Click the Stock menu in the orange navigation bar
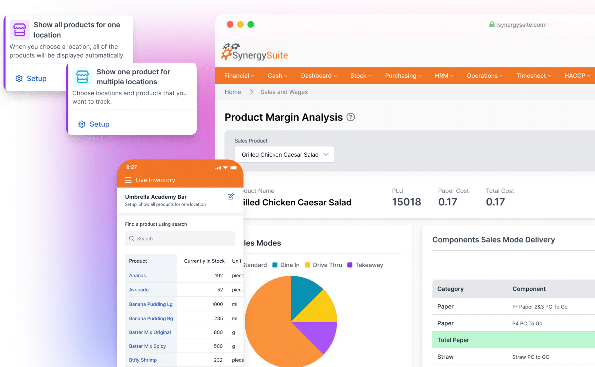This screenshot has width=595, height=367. click(361, 76)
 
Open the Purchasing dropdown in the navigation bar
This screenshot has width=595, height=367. click(403, 76)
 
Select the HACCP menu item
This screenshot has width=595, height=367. click(577, 76)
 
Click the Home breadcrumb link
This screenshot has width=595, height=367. click(232, 92)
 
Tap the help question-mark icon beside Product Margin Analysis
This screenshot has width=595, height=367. click(351, 117)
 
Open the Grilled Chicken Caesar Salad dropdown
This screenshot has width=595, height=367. click(284, 154)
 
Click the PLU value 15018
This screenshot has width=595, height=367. click(406, 202)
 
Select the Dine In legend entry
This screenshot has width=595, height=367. click(286, 265)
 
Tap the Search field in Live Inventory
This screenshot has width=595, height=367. click(180, 238)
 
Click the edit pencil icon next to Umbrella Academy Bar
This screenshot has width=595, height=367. click(230, 197)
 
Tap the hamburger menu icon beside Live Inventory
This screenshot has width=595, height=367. click(128, 180)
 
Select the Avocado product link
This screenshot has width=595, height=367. click(139, 290)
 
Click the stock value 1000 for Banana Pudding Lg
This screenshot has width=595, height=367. click(217, 304)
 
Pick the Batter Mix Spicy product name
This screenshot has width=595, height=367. click(147, 346)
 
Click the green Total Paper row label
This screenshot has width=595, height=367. click(453, 340)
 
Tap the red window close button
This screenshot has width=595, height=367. click(230, 24)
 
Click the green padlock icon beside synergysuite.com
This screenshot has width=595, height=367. click(492, 24)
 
